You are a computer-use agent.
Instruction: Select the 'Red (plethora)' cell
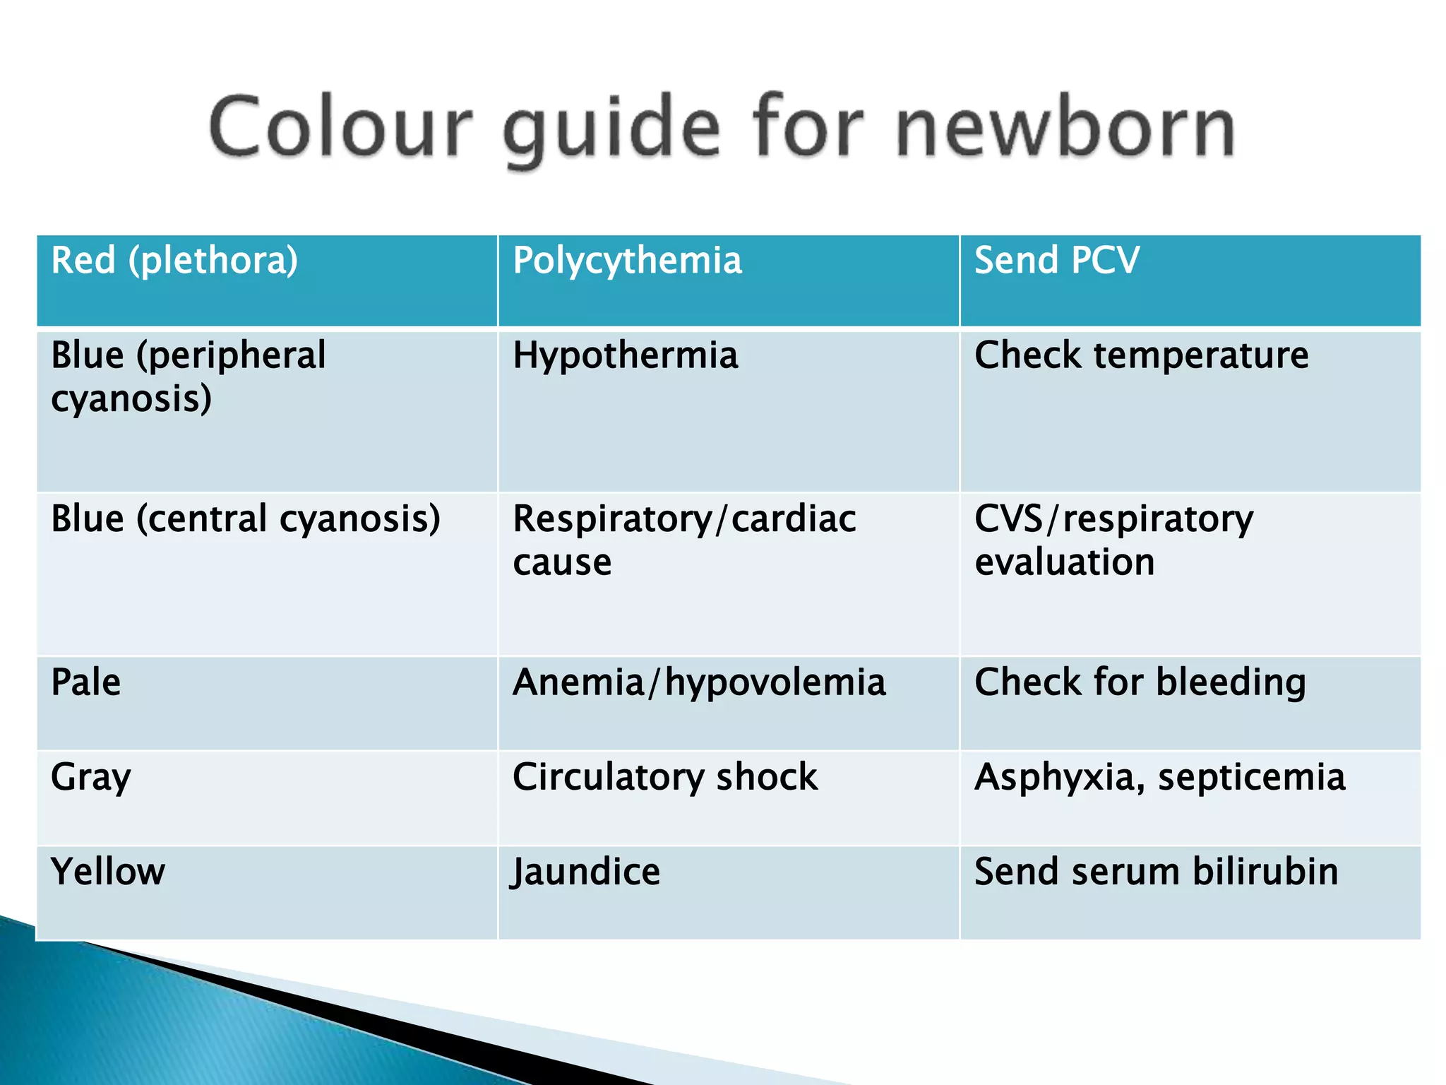point(174,261)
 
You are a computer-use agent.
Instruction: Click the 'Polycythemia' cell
point(627,261)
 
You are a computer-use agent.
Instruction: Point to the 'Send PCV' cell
point(1056,261)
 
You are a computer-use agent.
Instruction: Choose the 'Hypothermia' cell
point(625,355)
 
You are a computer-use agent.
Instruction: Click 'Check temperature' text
point(1141,355)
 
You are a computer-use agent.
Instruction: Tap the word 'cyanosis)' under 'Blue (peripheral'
point(131,400)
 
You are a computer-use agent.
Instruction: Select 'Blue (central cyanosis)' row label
point(245,519)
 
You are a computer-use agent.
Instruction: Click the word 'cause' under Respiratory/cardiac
point(562,563)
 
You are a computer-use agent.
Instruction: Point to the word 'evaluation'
point(1064,563)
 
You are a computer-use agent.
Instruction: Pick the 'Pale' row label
point(85,683)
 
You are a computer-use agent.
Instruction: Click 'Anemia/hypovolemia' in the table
point(698,683)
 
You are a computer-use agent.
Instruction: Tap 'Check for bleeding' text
point(1140,683)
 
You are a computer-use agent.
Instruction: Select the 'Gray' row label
point(90,778)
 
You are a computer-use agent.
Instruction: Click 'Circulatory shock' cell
point(664,778)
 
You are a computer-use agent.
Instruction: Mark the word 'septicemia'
point(1251,778)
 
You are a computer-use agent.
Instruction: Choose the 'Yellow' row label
point(107,872)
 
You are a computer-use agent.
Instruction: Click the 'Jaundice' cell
point(586,872)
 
